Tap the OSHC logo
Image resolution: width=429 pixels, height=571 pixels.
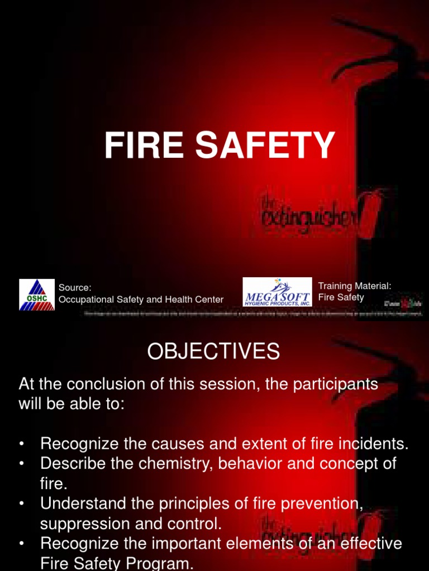[x=37, y=294]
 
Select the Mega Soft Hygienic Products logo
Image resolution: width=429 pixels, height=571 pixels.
[x=277, y=292]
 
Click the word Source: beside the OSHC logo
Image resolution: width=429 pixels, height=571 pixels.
[x=75, y=288]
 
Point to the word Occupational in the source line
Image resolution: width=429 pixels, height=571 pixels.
[x=85, y=299]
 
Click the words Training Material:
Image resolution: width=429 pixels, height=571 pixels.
[x=355, y=285]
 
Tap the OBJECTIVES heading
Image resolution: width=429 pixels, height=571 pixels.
[x=213, y=351]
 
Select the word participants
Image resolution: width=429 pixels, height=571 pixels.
[x=332, y=384]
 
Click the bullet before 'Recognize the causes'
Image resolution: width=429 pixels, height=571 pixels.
[x=22, y=444]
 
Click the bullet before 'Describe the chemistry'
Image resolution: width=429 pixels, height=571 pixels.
[x=22, y=464]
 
